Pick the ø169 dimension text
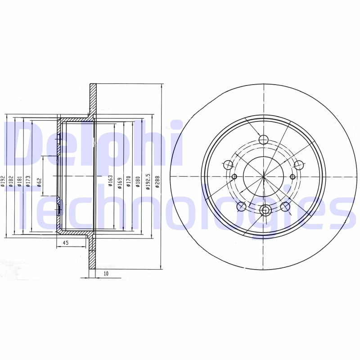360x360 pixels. pos(119,181)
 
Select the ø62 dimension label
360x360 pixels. pos(39,182)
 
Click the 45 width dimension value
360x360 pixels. pos(65,243)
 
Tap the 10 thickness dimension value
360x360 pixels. pos(106,273)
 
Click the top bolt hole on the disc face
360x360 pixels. pos(264,139)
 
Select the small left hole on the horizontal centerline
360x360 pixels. pos(234,176)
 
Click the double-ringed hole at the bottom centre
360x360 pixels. pos(265,209)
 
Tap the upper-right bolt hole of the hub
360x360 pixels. pos(298,165)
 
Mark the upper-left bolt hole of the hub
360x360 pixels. pos(229,165)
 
